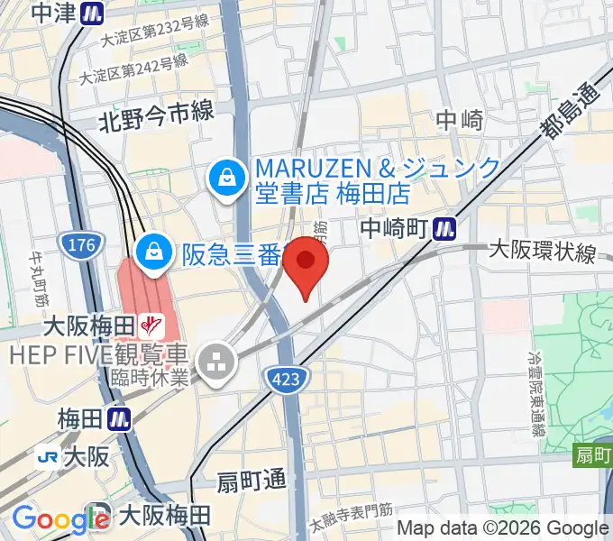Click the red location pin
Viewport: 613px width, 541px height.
pyautogui.click(x=306, y=264)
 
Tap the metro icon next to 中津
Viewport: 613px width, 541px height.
pyautogui.click(x=90, y=13)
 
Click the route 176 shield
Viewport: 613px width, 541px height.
pyautogui.click(x=75, y=243)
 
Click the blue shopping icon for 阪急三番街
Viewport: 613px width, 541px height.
pyautogui.click(x=155, y=252)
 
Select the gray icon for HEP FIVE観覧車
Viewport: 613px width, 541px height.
pyautogui.click(x=217, y=363)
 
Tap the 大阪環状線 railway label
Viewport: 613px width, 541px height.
pyautogui.click(x=542, y=252)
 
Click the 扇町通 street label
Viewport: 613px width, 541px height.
pyautogui.click(x=250, y=481)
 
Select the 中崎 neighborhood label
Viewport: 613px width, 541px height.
pyautogui.click(x=460, y=119)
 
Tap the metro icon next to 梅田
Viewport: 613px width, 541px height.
pyautogui.click(x=117, y=418)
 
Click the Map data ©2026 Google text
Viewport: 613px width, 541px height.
pyautogui.click(x=503, y=528)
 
